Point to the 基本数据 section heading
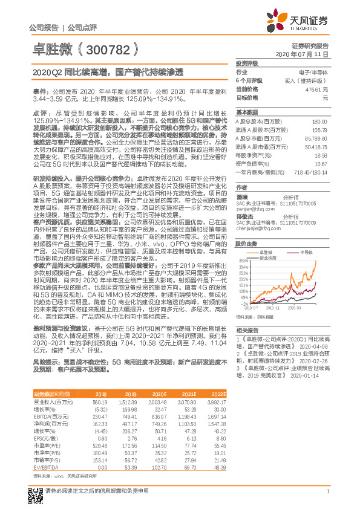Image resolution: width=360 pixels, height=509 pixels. (246, 112)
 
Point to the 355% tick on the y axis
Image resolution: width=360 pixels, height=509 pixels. (243, 261)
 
